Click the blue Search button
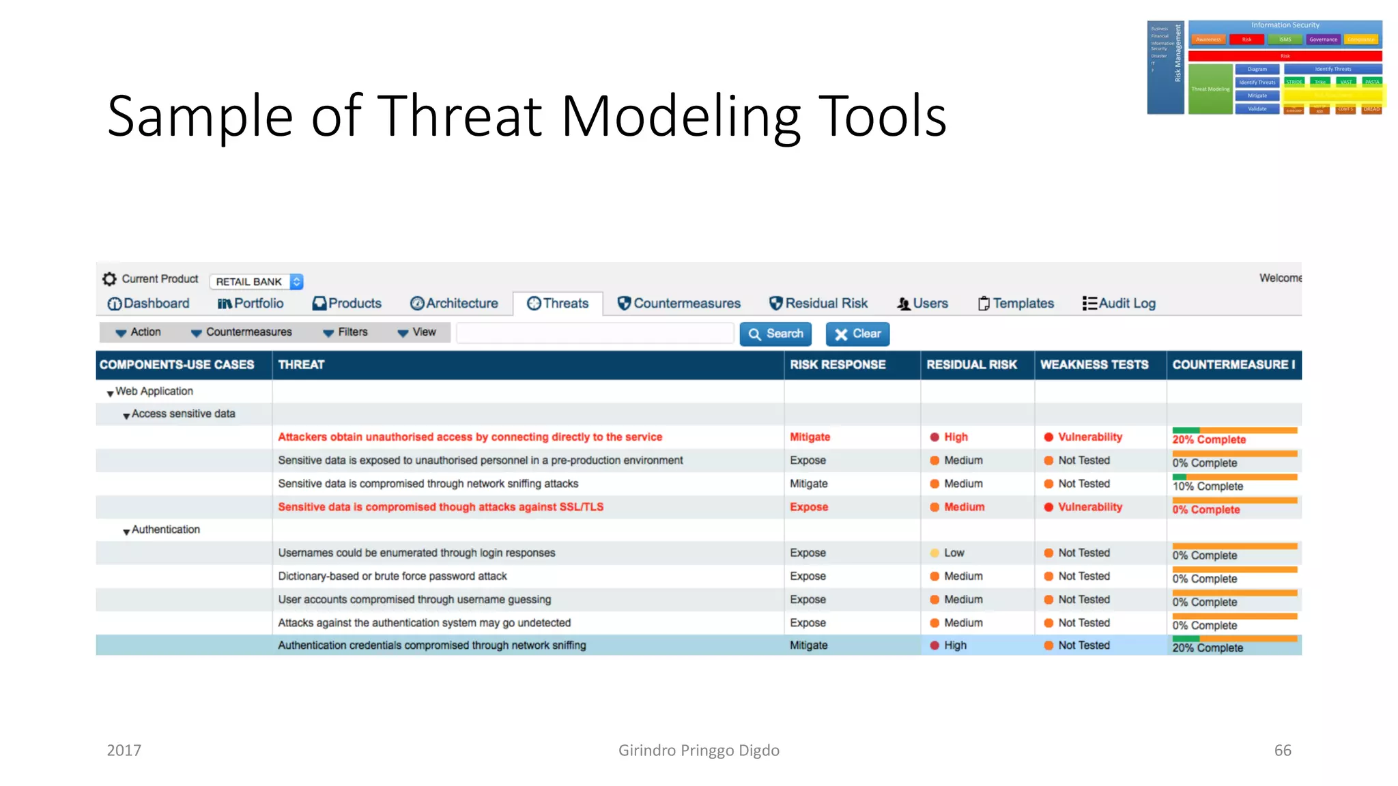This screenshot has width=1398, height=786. [x=775, y=334]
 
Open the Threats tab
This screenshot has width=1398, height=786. [x=558, y=304]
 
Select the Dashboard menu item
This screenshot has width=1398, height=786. [x=149, y=304]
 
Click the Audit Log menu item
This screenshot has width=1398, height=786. [x=1119, y=304]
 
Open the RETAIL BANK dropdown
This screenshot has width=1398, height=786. [x=257, y=281]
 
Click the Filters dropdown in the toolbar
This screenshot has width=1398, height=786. [x=345, y=332]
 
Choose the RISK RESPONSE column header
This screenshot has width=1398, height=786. [x=838, y=365]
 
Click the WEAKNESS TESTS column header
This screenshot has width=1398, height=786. [x=1094, y=365]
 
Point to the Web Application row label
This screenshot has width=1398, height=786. [x=154, y=391]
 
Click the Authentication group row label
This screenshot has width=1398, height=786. [x=165, y=529]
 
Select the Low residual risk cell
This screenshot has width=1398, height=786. [x=954, y=553]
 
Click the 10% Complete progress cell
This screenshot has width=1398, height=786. [x=1208, y=486]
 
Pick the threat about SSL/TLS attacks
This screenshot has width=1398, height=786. [x=440, y=507]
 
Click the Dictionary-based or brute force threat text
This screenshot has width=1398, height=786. [x=392, y=576]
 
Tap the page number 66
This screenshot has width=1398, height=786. [x=1282, y=750]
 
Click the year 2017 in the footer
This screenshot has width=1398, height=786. [x=124, y=750]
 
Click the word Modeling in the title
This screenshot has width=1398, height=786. [x=681, y=116]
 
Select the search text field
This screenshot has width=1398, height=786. [x=595, y=333]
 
